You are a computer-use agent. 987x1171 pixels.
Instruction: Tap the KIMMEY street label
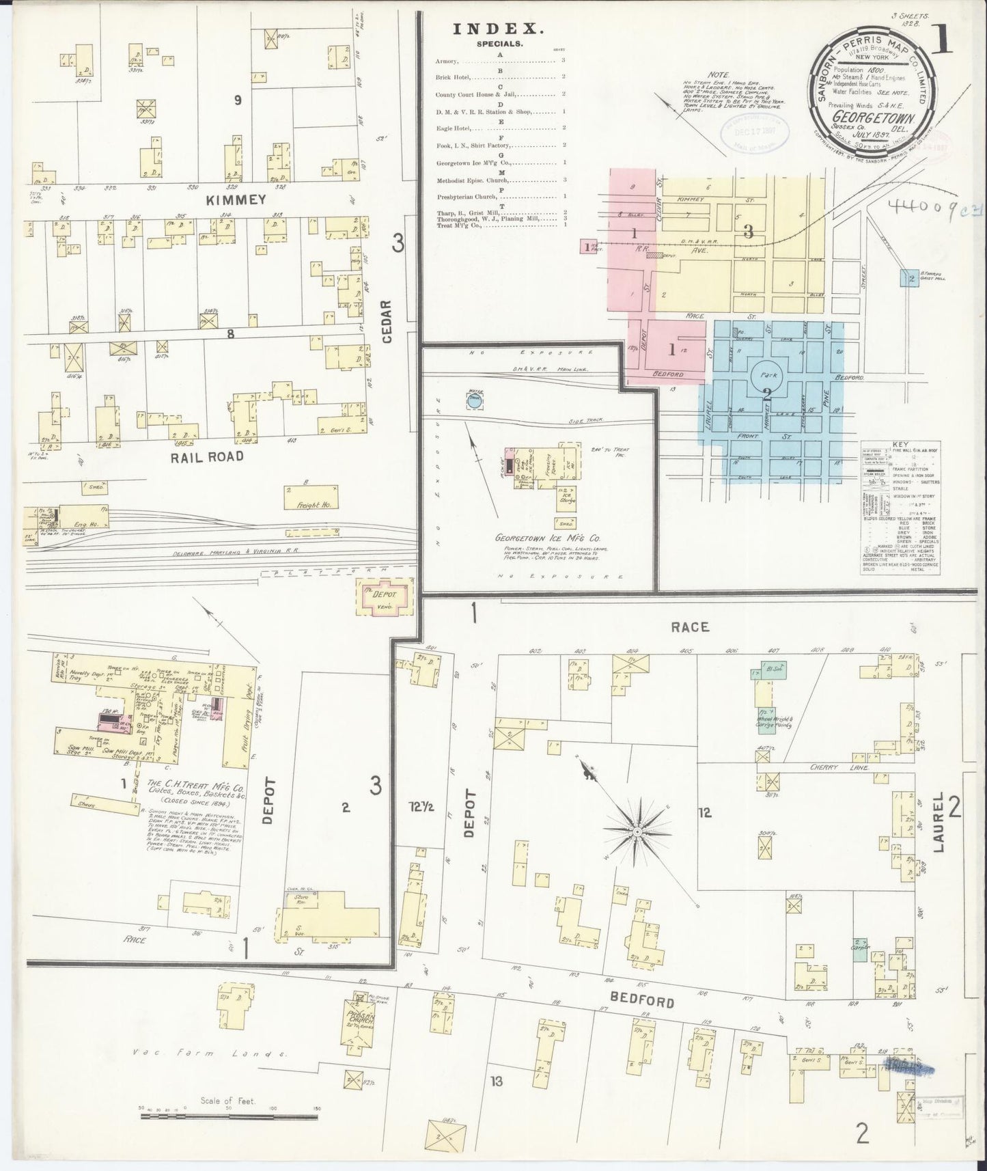pyautogui.click(x=223, y=200)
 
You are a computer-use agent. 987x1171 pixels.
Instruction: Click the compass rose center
pyautogui.click(x=636, y=831)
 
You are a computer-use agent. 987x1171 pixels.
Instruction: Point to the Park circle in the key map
pyautogui.click(x=766, y=377)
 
